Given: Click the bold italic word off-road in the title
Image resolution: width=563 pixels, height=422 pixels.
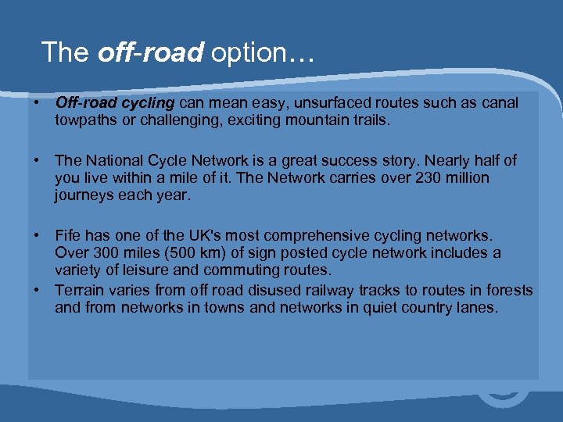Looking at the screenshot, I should click(150, 52).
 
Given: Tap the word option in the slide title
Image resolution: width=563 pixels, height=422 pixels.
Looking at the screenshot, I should click(255, 53).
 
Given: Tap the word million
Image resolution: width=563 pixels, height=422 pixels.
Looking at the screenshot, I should click(465, 178).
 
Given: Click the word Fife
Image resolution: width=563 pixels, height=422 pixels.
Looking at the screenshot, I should click(68, 235).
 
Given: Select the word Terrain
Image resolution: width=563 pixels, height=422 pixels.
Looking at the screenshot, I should click(80, 290).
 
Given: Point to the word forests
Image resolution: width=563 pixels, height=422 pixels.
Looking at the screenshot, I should click(508, 290).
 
